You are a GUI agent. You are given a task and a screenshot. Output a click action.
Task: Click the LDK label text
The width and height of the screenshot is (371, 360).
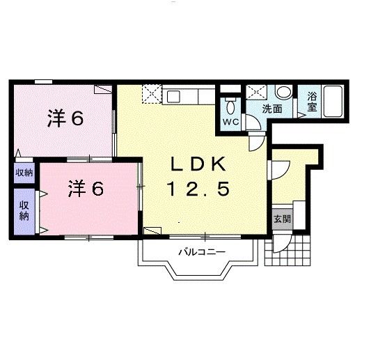(199, 164)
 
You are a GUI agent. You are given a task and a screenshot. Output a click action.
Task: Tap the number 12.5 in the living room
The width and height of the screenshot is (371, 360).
(198, 188)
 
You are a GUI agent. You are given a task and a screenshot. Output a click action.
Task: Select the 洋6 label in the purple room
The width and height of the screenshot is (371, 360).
(65, 118)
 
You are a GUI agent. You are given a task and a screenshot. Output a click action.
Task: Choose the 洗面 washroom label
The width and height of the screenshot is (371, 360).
(272, 109)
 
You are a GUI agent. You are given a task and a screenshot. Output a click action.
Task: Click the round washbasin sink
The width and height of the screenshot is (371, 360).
(283, 93)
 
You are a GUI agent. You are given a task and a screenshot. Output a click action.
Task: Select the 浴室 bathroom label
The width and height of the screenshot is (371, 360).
(312, 103)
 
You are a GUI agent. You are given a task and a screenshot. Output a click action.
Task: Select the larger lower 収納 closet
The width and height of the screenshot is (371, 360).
(24, 210)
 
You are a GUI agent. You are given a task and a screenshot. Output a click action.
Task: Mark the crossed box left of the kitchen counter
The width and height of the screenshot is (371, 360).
(151, 93)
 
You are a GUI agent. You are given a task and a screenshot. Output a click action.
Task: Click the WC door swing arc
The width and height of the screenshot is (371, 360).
(253, 124)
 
